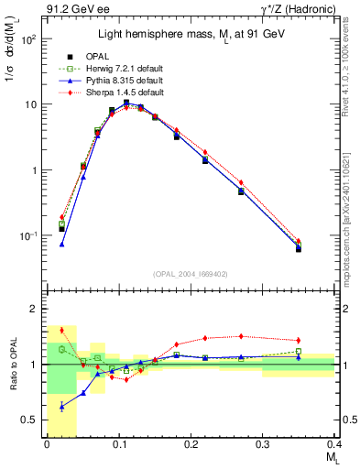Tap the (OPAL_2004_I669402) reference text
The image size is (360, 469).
click(190, 272)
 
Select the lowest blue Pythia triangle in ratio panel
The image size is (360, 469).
click(61, 406)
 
